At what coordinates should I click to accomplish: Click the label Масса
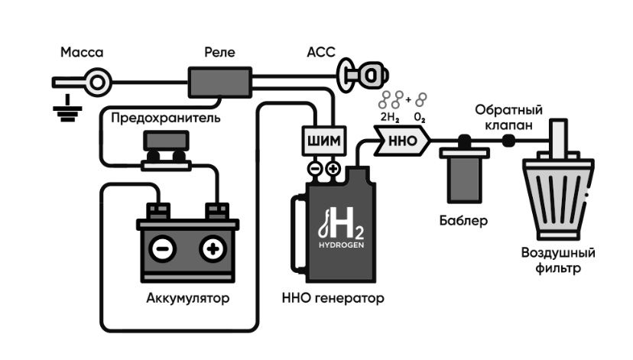81,53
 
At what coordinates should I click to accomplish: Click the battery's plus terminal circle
213,250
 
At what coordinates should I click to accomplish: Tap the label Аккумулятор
187,297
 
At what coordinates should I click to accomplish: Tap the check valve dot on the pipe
507,140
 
